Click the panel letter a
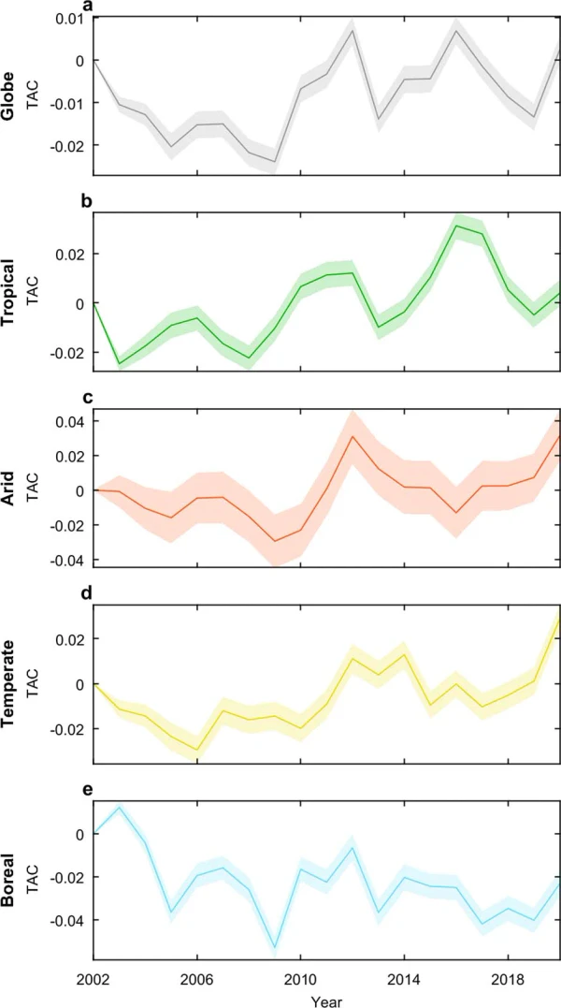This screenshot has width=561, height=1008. click(88, 8)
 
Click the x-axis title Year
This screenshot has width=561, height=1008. click(326, 1001)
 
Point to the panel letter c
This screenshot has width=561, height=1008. click(88, 398)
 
